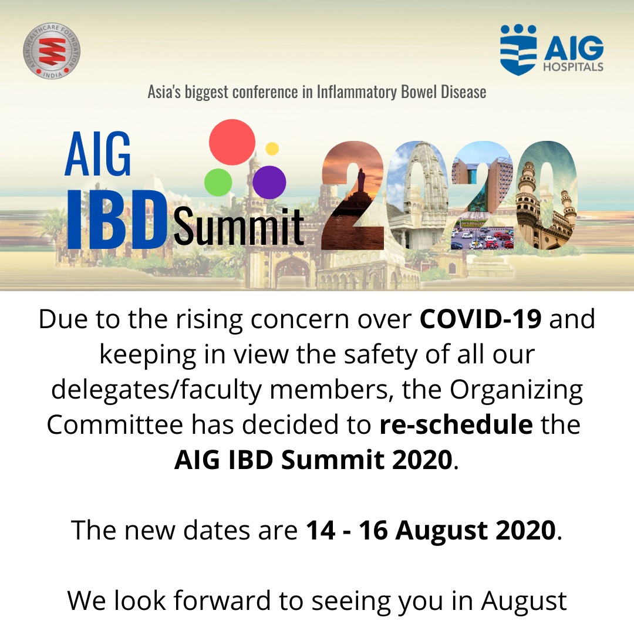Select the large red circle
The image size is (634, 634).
[232, 141]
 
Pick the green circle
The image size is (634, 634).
[218, 182]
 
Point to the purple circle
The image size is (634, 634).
[270, 181]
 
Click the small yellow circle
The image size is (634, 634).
[272, 149]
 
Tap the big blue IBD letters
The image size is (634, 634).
[115, 218]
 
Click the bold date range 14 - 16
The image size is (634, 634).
[348, 530]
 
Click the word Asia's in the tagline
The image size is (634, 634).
[166, 92]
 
